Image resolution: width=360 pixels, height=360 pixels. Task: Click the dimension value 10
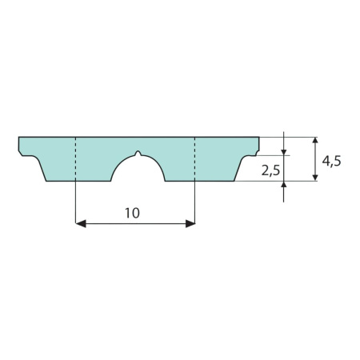(x=132, y=213)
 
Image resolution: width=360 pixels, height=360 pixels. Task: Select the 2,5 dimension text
(x=270, y=170)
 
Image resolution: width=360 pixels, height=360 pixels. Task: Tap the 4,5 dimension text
(x=331, y=161)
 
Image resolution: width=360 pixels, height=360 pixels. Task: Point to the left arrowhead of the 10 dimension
(x=81, y=224)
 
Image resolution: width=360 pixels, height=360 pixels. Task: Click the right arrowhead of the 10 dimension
(x=190, y=224)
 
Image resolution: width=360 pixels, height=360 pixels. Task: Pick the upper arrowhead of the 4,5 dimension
(x=315, y=141)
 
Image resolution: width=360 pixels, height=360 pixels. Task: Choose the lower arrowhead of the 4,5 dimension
(x=315, y=178)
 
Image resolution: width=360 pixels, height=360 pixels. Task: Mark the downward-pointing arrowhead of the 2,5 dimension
(x=283, y=151)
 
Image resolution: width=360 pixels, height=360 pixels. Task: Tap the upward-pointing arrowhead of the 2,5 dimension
(x=283, y=185)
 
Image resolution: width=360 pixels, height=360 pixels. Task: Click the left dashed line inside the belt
(x=76, y=159)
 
